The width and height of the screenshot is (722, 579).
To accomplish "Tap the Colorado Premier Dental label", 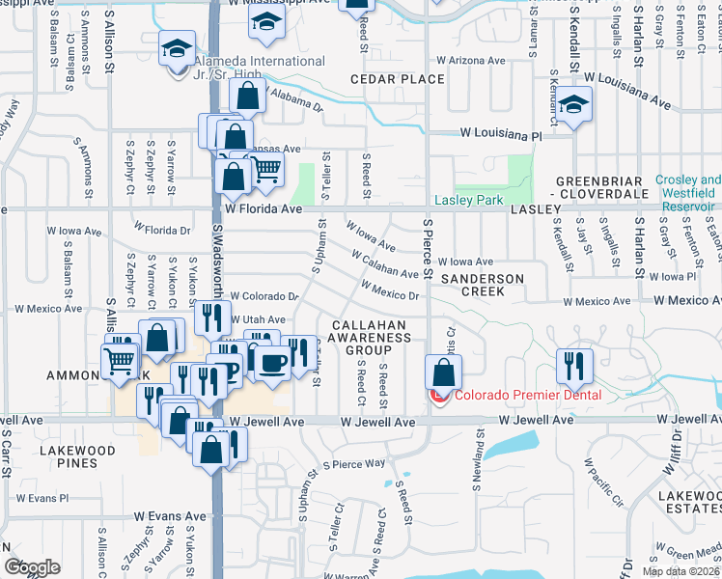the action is click(528, 394).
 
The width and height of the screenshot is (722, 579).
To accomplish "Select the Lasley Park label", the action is click(469, 200).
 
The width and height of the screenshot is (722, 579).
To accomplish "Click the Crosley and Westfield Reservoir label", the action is click(687, 193).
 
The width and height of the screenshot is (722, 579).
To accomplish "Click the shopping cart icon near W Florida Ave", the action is click(267, 169).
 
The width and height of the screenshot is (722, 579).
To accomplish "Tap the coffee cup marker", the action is click(273, 362).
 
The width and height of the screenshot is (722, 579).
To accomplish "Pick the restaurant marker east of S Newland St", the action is click(572, 365).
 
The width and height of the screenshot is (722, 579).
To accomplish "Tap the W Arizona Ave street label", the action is click(471, 60).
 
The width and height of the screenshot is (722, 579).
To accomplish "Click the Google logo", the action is click(32, 567).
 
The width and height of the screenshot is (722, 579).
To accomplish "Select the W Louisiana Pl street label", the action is click(500, 137).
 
